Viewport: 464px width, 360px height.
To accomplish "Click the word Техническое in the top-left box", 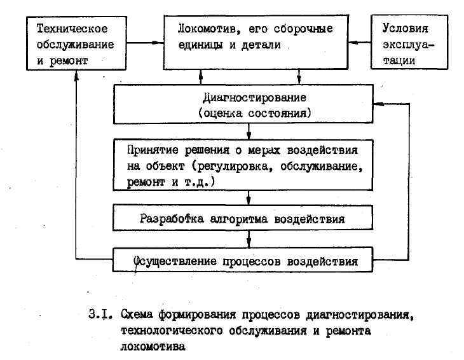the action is pyautogui.click(x=72, y=29).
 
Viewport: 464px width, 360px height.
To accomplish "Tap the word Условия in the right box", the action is pyautogui.click(x=405, y=29).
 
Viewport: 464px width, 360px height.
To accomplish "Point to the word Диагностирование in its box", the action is pyautogui.click(x=254, y=97).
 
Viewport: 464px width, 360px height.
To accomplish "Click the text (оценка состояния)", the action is pyautogui.click(x=255, y=113).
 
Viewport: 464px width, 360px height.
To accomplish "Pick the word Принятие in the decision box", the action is pyautogui.click(x=153, y=150).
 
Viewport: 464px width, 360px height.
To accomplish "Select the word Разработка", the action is pyautogui.click(x=172, y=219).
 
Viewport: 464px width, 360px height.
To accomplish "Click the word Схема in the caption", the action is pyautogui.click(x=137, y=314).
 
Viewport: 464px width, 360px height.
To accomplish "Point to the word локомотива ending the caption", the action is pyautogui.click(x=153, y=347).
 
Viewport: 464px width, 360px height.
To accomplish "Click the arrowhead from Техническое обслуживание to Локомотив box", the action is pyautogui.click(x=158, y=43).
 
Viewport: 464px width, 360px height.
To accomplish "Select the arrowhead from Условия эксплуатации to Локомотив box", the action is pyautogui.click(x=353, y=43).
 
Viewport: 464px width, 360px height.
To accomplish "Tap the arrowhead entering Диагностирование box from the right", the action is pyautogui.click(x=379, y=104).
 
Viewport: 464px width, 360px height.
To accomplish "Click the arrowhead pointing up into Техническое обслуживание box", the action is pyautogui.click(x=76, y=76).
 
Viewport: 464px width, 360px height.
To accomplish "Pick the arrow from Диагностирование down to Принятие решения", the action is pyautogui.click(x=249, y=132).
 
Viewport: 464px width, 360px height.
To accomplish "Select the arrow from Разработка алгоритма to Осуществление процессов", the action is pyautogui.click(x=249, y=239).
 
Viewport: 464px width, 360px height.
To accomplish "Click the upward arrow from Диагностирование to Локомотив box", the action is pyautogui.click(x=201, y=77).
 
